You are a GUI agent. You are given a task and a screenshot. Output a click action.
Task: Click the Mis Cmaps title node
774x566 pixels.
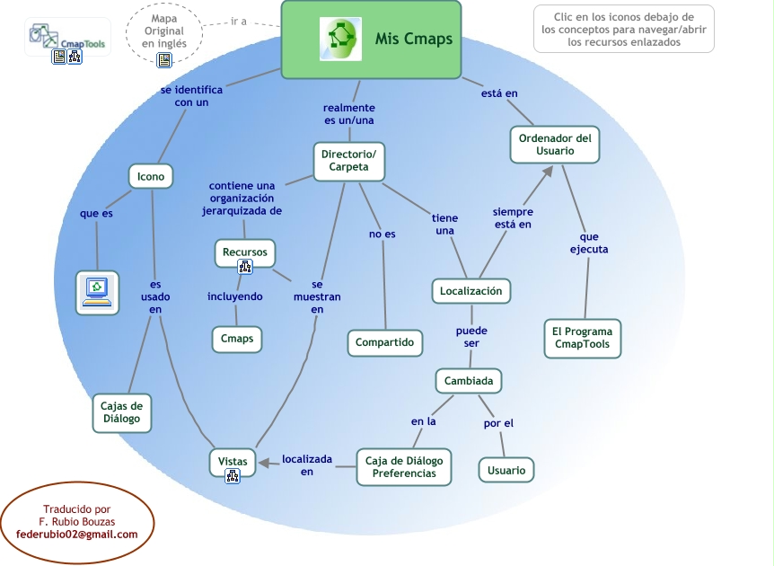371,40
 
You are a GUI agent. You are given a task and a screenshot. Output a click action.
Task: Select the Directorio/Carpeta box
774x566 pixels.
348,160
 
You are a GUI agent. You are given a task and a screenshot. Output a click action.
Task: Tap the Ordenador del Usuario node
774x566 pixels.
554,145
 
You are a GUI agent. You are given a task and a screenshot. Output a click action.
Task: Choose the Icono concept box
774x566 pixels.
150,177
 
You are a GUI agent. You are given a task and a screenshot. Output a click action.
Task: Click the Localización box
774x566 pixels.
471,291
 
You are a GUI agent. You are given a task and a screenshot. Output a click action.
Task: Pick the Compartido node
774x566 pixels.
384,342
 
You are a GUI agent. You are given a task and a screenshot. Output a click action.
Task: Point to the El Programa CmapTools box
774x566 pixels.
582,338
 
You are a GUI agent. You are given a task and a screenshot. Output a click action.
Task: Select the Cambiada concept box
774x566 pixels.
468,381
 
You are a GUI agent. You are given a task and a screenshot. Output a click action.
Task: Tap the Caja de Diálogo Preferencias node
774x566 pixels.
403,467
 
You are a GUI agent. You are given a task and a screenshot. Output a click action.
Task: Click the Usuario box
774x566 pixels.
506,470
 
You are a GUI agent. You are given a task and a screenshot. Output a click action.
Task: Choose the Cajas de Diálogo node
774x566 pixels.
121,411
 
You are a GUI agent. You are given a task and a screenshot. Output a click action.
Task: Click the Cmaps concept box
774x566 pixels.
237,339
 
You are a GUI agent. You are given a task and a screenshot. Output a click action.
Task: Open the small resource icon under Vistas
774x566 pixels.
233,477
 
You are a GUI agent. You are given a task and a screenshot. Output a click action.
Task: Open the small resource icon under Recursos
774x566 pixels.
244,267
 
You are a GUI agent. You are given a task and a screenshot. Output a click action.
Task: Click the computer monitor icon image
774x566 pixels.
96,291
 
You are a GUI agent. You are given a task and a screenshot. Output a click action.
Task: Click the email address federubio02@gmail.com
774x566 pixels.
77,535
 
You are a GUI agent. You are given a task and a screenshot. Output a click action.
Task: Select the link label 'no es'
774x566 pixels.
383,234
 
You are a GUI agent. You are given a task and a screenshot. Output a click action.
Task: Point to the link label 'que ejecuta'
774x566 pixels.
589,243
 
